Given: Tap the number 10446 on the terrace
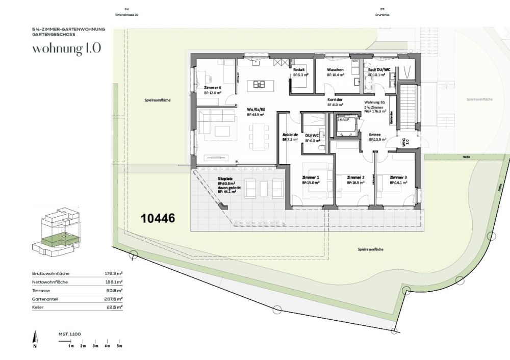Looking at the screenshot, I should coord(158,218).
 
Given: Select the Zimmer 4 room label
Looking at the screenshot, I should coord(212,88).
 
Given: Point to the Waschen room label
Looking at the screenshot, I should coord(335,69).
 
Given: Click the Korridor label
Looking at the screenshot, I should coord(335,99).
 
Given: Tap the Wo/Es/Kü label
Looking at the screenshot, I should coord(256,110).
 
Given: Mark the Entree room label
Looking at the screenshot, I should coord(376,134).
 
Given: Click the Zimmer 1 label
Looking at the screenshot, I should coord(311,177).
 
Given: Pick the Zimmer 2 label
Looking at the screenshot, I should coord(355,177).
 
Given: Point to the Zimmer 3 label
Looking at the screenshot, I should coord(398,177).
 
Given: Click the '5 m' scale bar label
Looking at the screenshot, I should coord(119,346).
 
